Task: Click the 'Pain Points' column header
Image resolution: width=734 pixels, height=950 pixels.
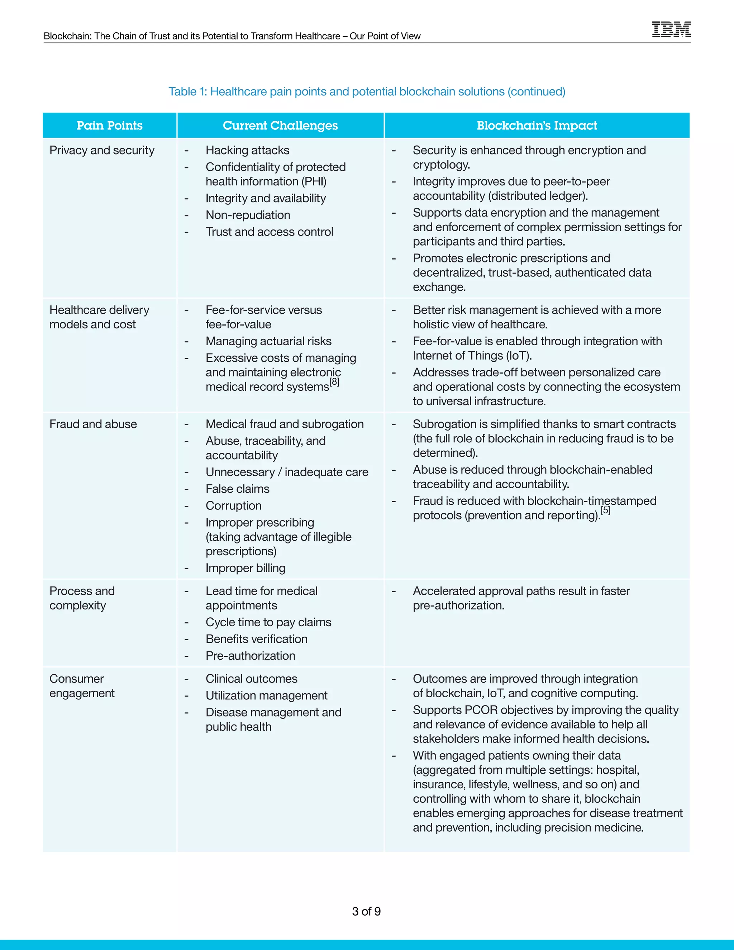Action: coord(110,126)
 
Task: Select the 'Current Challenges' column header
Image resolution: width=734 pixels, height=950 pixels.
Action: coord(280,126)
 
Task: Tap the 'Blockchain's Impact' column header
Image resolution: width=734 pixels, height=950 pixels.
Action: coord(537,126)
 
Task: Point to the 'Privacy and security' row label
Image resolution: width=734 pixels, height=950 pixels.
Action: coord(102,151)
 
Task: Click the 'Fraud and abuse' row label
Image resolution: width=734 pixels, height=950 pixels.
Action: coord(93,424)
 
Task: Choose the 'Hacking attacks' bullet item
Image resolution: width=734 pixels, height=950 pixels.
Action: coord(247,151)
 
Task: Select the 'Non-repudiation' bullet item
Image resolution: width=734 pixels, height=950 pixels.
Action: coord(248,215)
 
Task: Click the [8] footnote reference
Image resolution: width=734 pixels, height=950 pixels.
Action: coord(334,382)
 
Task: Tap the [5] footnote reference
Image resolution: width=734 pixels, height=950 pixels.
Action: coord(606,510)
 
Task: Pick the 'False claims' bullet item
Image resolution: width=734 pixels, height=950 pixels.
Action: coord(237,489)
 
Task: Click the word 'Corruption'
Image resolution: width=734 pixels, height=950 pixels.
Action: coord(234,506)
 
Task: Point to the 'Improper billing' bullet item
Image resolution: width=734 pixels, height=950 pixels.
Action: coord(245,568)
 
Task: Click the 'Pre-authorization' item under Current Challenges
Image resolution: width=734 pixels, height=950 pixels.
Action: coord(251,656)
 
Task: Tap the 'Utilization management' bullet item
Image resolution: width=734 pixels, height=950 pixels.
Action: coord(267,695)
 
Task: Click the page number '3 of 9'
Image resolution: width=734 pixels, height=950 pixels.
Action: coord(366,911)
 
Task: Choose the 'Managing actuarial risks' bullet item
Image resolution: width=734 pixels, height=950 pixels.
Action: coord(268,341)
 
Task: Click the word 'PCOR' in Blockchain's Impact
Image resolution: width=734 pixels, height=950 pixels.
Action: coord(481,710)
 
